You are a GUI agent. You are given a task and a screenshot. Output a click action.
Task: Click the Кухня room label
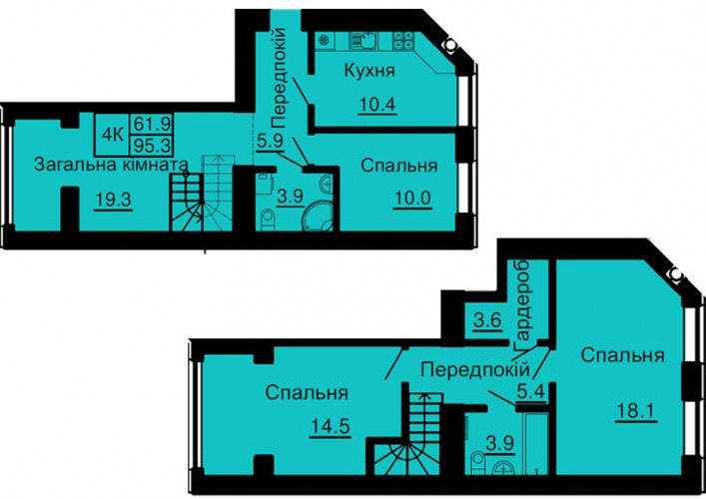pyautogui.click(x=369, y=71)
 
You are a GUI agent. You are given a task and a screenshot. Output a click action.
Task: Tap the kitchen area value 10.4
pyautogui.click(x=377, y=105)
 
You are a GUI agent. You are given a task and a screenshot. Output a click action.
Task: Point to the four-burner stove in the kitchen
pyautogui.click(x=403, y=41)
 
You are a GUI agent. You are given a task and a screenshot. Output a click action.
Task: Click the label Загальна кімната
pyautogui.click(x=111, y=164)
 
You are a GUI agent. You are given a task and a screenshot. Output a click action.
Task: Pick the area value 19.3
pyautogui.click(x=114, y=200)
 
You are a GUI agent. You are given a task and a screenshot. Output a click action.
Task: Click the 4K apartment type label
pyautogui.click(x=113, y=135)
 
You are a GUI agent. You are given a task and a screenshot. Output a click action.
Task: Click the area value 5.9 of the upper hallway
pyautogui.click(x=270, y=142)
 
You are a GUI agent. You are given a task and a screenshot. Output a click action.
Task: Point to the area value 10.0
pyautogui.click(x=412, y=199)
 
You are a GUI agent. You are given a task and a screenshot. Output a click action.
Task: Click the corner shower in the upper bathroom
pyautogui.click(x=318, y=216)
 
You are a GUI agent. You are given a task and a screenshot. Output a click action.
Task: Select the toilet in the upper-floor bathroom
pyautogui.click(x=268, y=220)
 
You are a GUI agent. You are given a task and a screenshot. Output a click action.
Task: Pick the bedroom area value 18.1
pyautogui.click(x=636, y=411)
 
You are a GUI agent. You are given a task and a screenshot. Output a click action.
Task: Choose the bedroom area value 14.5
pyautogui.click(x=331, y=427)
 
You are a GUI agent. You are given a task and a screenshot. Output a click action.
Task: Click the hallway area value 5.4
pyautogui.click(x=531, y=392)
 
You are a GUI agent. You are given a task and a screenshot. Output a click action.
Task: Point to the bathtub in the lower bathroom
pyautogui.click(x=536, y=443)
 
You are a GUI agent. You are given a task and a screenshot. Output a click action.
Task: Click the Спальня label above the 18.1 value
pyautogui.click(x=622, y=355)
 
